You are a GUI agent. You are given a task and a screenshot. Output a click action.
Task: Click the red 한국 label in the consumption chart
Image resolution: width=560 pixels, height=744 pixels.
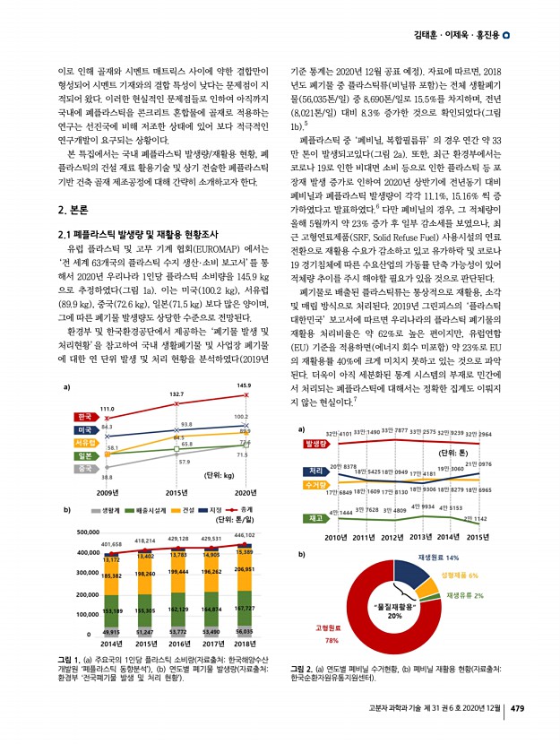tap(86, 417)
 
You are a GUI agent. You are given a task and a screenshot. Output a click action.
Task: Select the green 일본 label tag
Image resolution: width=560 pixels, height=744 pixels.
tap(86, 455)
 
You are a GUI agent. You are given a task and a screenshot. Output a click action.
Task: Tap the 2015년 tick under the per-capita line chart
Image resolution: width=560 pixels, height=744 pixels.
tap(177, 491)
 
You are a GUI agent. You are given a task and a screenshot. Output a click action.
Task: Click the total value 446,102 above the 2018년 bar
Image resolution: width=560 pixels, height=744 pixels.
tap(244, 535)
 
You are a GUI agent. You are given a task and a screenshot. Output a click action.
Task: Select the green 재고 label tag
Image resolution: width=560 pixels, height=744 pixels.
tap(314, 518)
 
